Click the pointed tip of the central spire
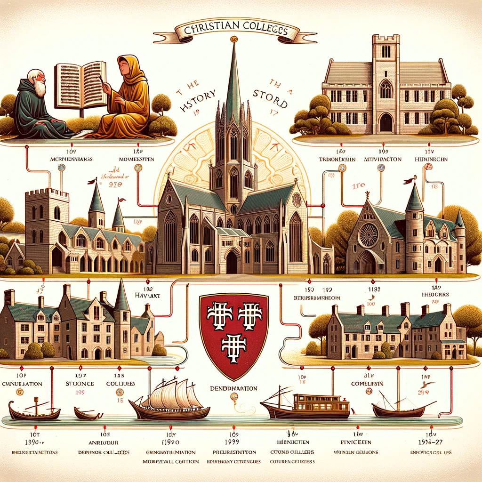click(x=234, y=45)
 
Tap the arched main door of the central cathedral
click(x=232, y=262)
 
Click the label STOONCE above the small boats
click(x=80, y=384)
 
